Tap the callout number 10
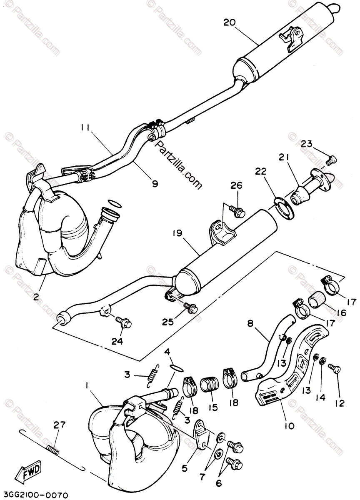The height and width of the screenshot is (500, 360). click(289, 425)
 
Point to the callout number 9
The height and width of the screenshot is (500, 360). click(155, 183)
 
